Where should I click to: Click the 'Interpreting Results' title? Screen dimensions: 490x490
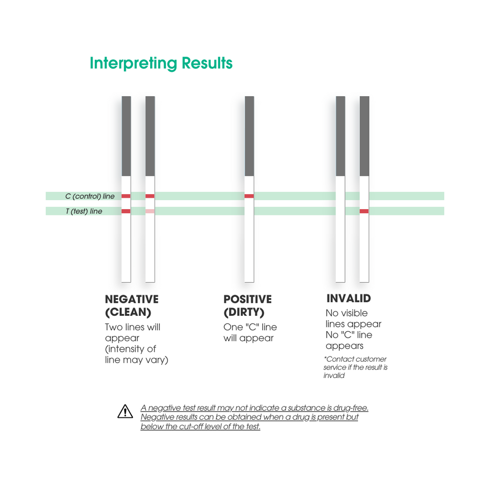161,63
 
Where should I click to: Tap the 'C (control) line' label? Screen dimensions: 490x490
89,196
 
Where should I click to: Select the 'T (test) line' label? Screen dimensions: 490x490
84,211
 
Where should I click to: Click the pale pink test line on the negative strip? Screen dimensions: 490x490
150,211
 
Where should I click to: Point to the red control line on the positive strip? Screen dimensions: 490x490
249,196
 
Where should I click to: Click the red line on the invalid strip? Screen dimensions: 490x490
364,211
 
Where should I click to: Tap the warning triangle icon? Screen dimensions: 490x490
125,411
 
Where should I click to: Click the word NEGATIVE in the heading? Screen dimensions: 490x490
132,299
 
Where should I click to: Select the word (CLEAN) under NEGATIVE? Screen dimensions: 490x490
128,312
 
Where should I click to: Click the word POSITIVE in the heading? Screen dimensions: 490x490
247,299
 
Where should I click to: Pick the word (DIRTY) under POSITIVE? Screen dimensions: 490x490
244,312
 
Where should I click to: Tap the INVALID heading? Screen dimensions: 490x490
349,299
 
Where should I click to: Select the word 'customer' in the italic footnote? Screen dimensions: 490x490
372,359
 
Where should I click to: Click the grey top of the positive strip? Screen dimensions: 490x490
249,136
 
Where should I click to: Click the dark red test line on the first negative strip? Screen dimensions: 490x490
126,211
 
